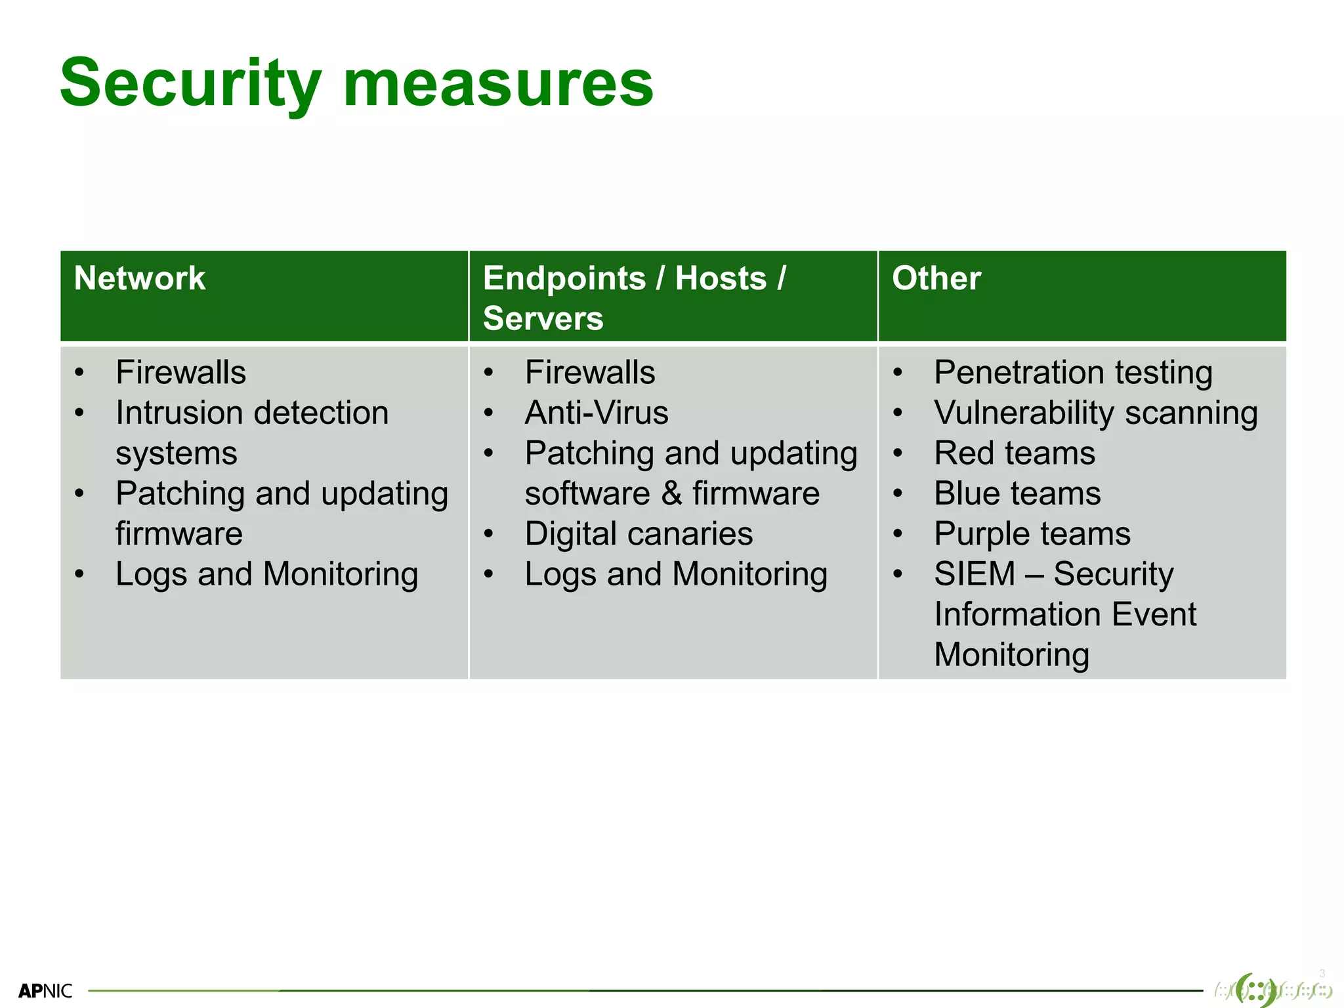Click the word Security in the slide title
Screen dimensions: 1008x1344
(x=190, y=84)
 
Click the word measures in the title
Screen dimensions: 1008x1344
(x=498, y=84)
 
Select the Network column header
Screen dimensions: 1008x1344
(x=140, y=278)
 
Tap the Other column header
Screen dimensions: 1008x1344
(x=936, y=278)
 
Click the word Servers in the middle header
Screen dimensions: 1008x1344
(x=543, y=319)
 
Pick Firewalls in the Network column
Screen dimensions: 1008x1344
(x=180, y=373)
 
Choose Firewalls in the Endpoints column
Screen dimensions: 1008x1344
(x=589, y=373)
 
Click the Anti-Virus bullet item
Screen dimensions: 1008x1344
(x=596, y=413)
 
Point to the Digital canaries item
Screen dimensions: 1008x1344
(x=639, y=534)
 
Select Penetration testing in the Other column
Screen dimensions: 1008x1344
(x=1073, y=373)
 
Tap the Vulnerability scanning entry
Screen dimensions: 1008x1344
(x=1095, y=413)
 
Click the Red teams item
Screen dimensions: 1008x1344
(x=1015, y=453)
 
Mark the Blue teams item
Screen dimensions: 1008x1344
(x=1017, y=494)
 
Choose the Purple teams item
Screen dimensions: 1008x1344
(x=1032, y=534)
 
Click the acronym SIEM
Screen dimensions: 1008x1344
(x=974, y=574)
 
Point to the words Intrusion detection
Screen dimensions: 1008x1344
(x=252, y=413)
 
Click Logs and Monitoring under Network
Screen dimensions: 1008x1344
(x=266, y=574)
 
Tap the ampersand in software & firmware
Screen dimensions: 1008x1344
(x=671, y=494)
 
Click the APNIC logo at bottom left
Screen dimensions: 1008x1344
(x=45, y=990)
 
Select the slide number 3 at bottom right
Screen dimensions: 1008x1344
(x=1322, y=973)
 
